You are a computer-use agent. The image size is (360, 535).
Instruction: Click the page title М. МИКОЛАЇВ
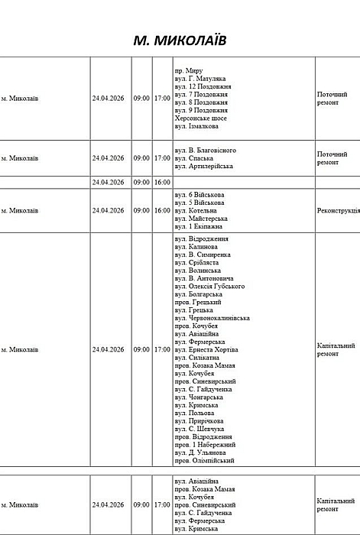coord(180,39)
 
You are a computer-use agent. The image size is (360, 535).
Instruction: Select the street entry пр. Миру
coord(189,70)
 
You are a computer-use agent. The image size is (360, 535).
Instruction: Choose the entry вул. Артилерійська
coord(204,166)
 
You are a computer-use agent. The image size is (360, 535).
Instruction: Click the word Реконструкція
coord(337,210)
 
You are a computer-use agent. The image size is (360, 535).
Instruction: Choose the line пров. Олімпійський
coord(205,461)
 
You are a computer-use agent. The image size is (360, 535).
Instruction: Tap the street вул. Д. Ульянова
coord(203,452)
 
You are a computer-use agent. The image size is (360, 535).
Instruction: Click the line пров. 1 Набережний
coord(206,445)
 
